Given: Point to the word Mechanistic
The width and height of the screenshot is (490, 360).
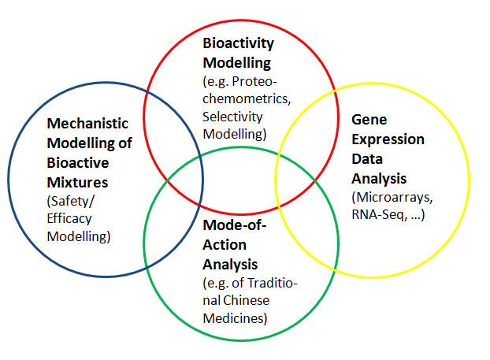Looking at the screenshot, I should click(x=88, y=124).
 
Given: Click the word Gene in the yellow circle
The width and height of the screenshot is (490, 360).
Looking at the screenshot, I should click(x=367, y=121).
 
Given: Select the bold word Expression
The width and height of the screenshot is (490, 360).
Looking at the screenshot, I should click(x=388, y=139).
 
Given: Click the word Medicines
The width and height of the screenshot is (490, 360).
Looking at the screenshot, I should click(x=232, y=319).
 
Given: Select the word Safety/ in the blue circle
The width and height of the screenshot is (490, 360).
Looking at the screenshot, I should click(x=69, y=200).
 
